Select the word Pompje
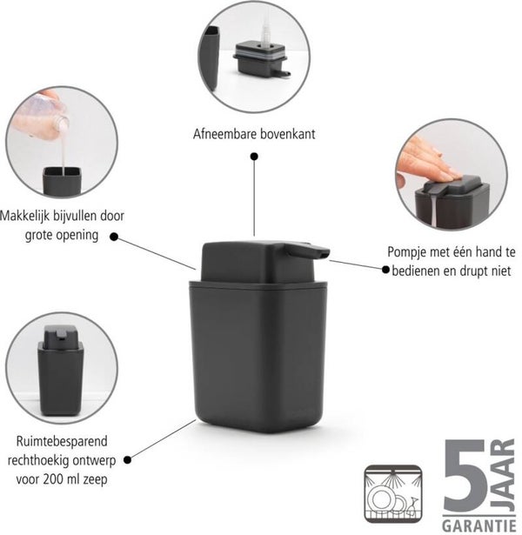(406, 253)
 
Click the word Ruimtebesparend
(62, 441)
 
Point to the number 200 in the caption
(53, 479)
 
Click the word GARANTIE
(479, 525)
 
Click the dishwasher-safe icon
(393, 494)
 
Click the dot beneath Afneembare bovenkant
(254, 157)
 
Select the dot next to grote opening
(114, 237)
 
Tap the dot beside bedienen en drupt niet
(385, 270)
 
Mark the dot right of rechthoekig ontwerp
(127, 460)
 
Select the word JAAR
(503, 475)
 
